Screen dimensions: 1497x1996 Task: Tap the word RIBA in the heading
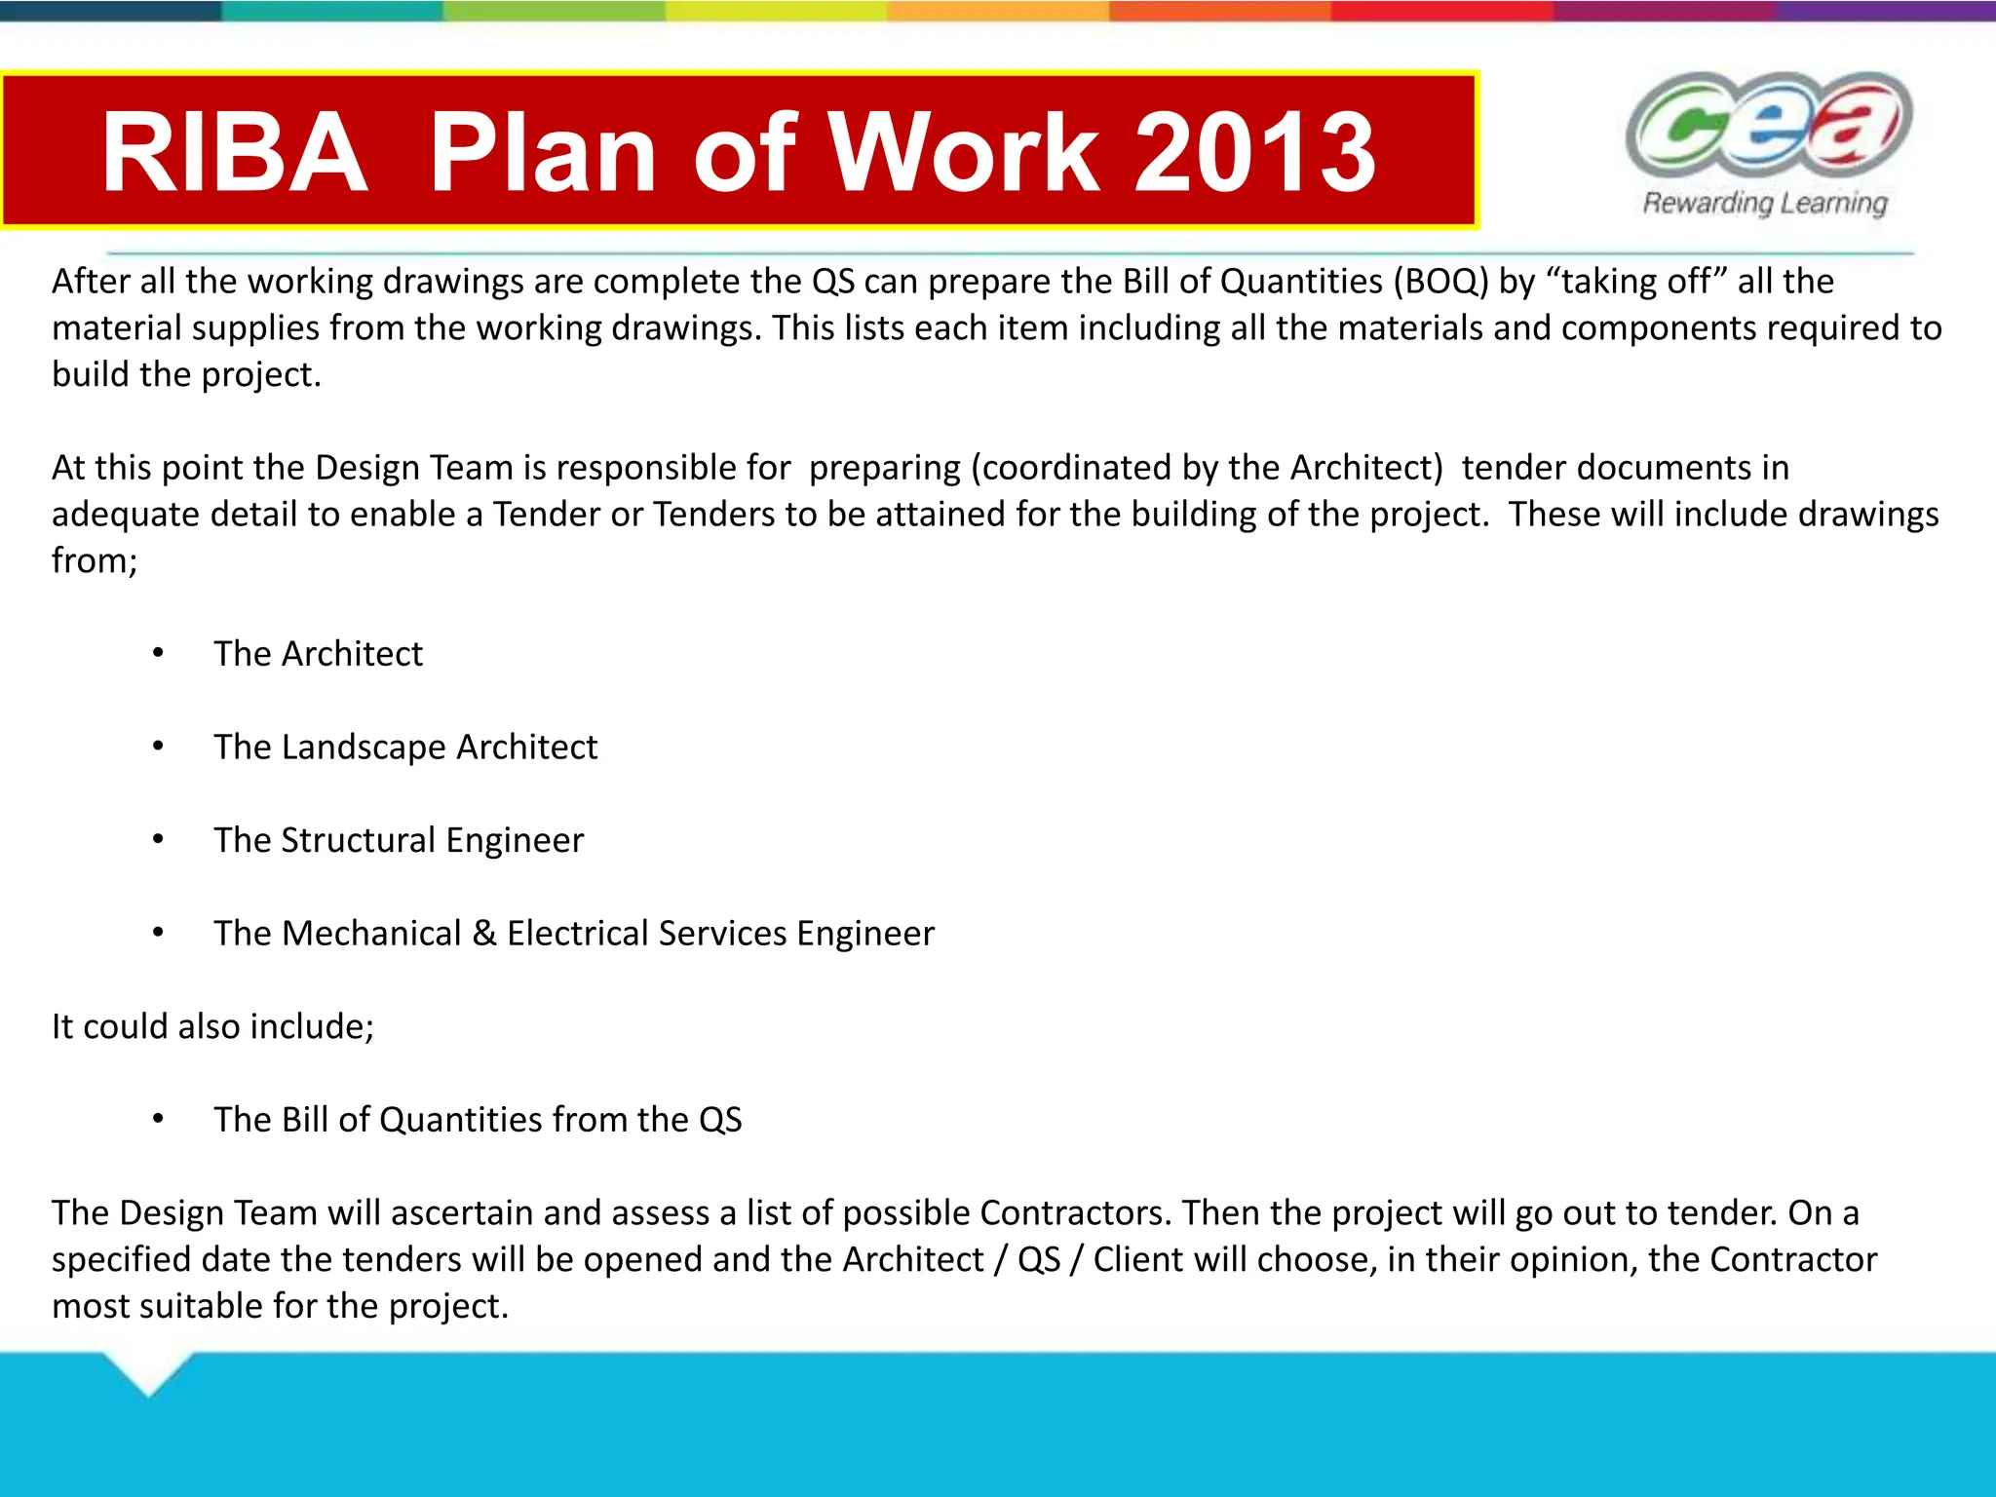pyautogui.click(x=234, y=152)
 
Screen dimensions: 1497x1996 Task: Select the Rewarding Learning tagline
pyautogui.click(x=1765, y=203)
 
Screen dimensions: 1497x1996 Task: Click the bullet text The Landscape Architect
pyautogui.click(x=405, y=747)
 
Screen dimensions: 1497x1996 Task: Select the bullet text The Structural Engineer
pyautogui.click(x=399, y=840)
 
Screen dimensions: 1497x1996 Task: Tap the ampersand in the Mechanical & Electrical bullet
pyautogui.click(x=483, y=934)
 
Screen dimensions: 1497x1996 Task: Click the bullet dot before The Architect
pyautogui.click(x=158, y=653)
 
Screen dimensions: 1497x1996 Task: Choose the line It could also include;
pyautogui.click(x=212, y=1026)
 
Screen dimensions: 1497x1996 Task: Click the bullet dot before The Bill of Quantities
pyautogui.click(x=158, y=1120)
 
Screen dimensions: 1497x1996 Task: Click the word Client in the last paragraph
pyautogui.click(x=1138, y=1260)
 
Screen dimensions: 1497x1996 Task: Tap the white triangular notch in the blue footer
pyautogui.click(x=148, y=1369)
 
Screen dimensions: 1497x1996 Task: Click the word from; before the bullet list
pyautogui.click(x=95, y=561)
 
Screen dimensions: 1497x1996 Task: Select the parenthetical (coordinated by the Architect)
pyautogui.click(x=1207, y=468)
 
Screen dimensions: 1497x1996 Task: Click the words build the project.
pyautogui.click(x=186, y=375)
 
